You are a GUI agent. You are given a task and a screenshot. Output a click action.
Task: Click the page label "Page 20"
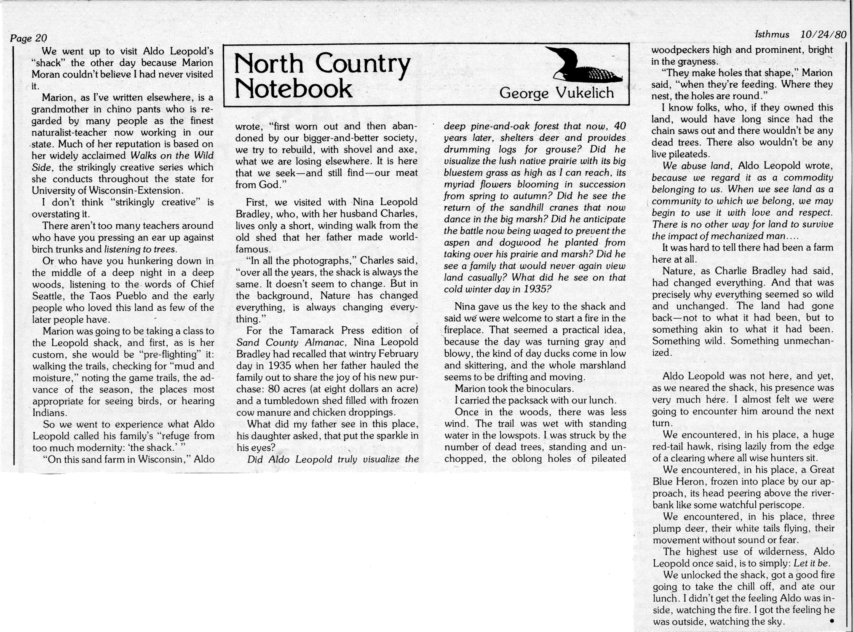tap(28, 38)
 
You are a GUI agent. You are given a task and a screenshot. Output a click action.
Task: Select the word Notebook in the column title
tap(293, 89)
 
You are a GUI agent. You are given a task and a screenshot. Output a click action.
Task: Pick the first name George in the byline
tap(524, 93)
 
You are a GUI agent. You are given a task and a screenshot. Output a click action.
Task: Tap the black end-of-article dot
tap(832, 621)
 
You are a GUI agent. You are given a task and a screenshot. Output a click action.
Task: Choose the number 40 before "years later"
tap(620, 126)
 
